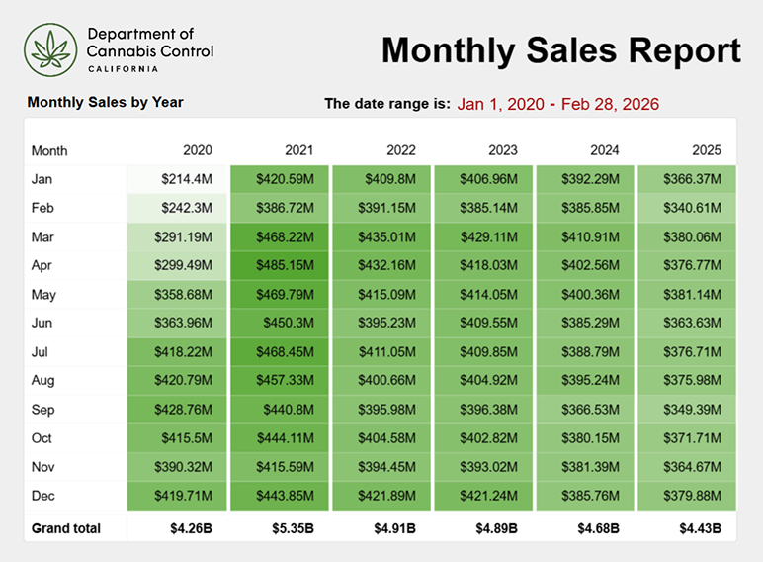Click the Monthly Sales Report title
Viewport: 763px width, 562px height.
pyautogui.click(x=560, y=50)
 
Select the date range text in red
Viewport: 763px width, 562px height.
pyautogui.click(x=558, y=104)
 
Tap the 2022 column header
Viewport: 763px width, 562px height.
pyautogui.click(x=400, y=151)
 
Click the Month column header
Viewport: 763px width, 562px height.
pyautogui.click(x=49, y=151)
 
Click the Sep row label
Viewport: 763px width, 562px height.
pyautogui.click(x=43, y=410)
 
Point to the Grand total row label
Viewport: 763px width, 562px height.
pyautogui.click(x=66, y=528)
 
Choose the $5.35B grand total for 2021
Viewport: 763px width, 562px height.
pyautogui.click(x=293, y=528)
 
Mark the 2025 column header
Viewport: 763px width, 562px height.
pyautogui.click(x=708, y=151)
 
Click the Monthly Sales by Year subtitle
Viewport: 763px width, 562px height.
pyautogui.click(x=105, y=102)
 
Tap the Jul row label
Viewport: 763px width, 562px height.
pyautogui.click(x=42, y=352)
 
